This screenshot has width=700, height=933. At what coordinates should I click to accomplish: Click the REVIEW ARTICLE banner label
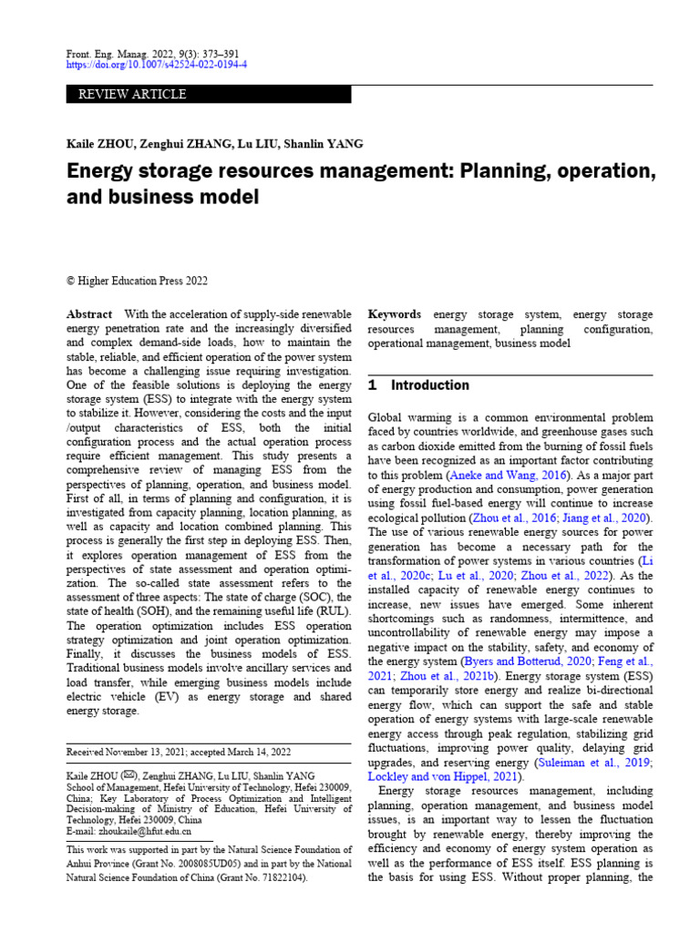click(133, 95)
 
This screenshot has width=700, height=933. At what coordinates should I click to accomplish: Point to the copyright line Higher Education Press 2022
click(143, 281)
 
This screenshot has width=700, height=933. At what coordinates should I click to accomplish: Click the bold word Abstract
click(89, 314)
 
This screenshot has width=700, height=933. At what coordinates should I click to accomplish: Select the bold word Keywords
click(394, 314)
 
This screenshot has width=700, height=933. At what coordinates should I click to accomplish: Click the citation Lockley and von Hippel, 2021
click(444, 777)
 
